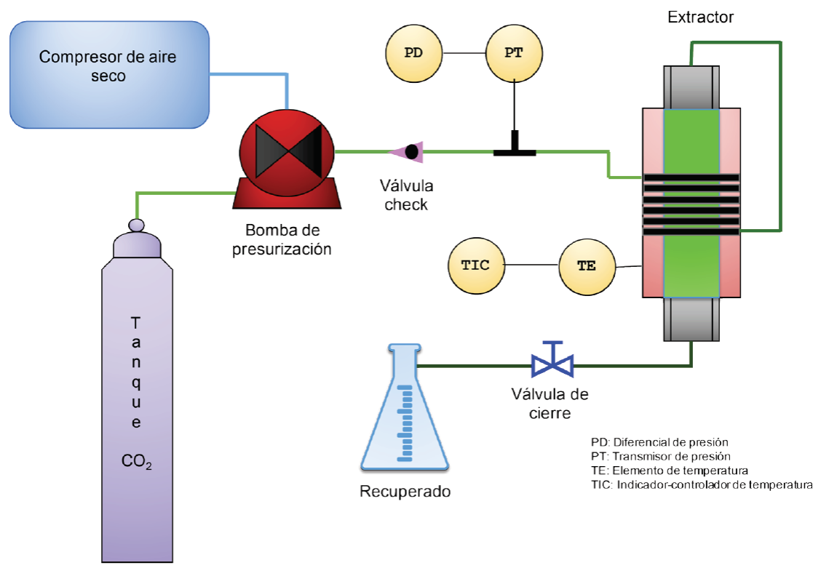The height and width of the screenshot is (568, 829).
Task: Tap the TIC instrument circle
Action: [475, 265]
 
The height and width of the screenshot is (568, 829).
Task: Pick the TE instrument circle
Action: [587, 265]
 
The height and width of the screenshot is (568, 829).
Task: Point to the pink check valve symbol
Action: [406, 152]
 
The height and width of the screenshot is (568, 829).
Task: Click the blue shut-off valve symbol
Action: [552, 361]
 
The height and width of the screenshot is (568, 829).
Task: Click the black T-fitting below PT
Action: [515, 148]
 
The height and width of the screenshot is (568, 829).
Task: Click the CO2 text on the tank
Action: [137, 462]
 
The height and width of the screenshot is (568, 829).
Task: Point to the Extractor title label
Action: [700, 16]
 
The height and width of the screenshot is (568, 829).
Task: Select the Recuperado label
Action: [405, 492]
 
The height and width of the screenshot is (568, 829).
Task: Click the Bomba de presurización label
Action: [282, 239]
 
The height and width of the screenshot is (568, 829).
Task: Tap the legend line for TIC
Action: [701, 485]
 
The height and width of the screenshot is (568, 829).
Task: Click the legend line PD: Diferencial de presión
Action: [659, 442]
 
